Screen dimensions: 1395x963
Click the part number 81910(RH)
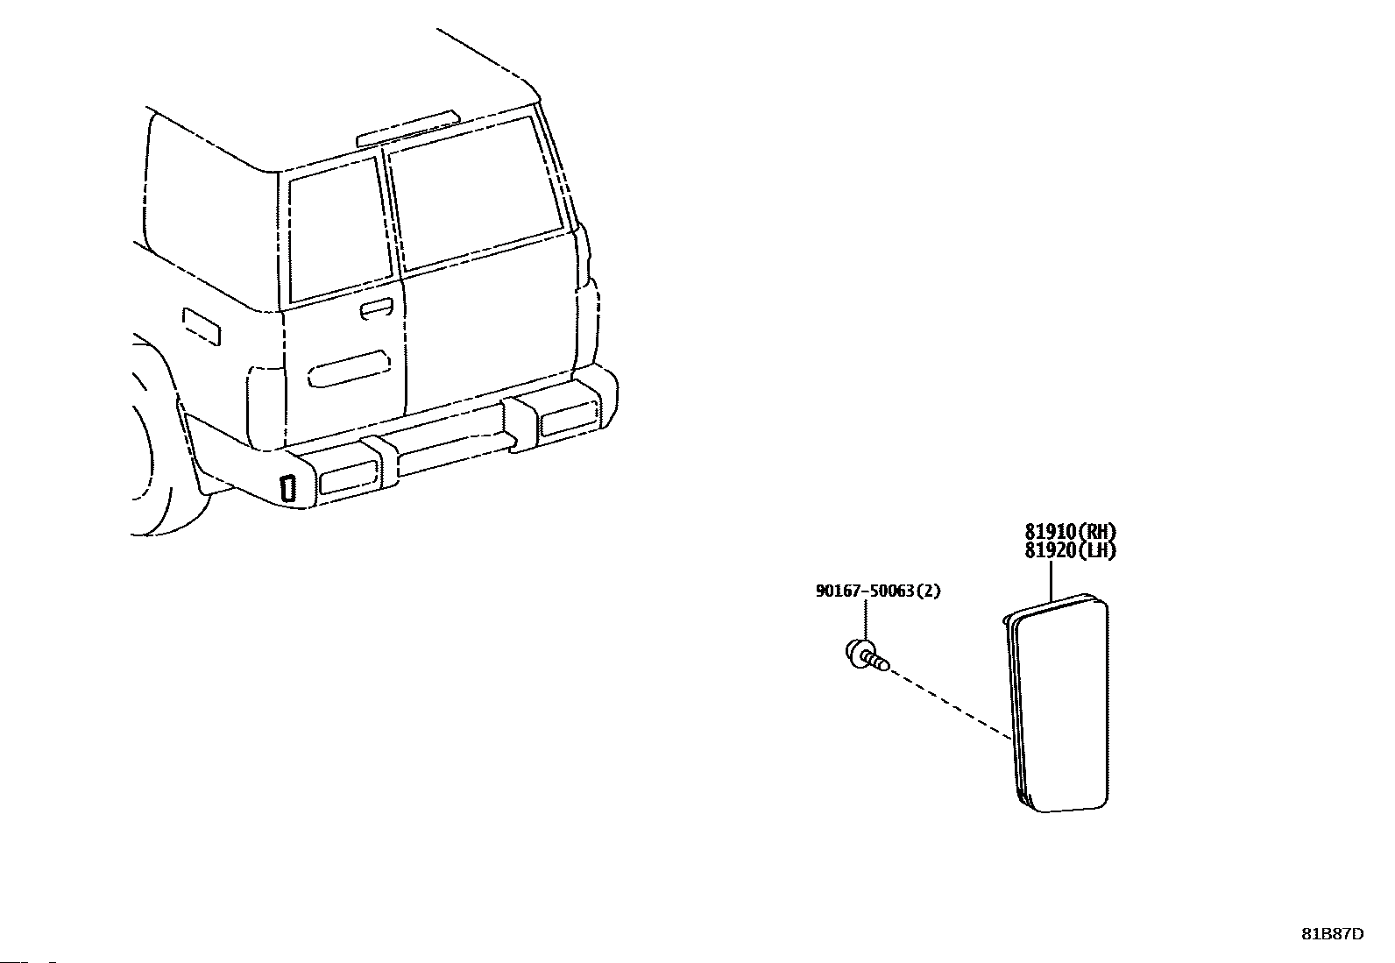pyautogui.click(x=1071, y=531)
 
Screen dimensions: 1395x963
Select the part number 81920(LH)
pyautogui.click(x=1071, y=550)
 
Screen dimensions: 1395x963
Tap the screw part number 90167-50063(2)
pyautogui.click(x=877, y=591)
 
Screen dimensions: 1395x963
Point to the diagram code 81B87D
pyautogui.click(x=1332, y=933)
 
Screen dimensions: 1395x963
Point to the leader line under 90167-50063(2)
pyautogui.click(x=866, y=620)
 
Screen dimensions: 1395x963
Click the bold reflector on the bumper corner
pyautogui.click(x=287, y=488)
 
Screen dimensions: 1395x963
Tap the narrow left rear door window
pyautogui.click(x=339, y=233)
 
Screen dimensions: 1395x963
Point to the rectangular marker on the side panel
pyautogui.click(x=201, y=326)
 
